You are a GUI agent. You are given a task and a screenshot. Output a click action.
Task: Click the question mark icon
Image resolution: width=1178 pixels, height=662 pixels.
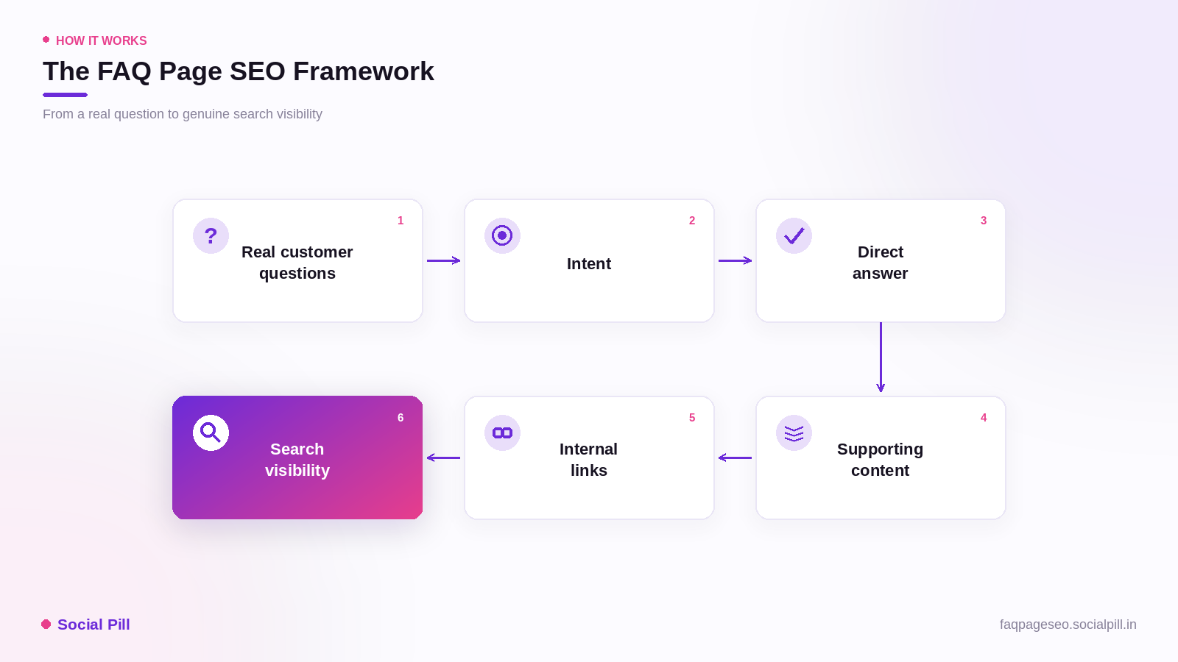(211, 236)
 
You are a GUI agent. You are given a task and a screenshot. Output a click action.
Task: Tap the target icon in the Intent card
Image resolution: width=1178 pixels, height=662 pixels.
(502, 236)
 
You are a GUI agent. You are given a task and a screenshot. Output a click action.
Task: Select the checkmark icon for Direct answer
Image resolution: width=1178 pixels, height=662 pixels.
(794, 236)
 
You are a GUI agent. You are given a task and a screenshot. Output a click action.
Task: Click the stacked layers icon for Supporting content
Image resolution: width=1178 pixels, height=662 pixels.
(794, 433)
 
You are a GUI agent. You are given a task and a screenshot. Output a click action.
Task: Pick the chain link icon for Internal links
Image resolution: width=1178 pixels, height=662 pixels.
(502, 433)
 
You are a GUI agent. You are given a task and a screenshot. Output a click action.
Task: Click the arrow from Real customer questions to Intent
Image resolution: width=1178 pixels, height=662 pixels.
(443, 260)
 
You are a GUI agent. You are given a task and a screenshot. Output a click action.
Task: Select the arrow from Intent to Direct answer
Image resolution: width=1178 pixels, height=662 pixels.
(736, 260)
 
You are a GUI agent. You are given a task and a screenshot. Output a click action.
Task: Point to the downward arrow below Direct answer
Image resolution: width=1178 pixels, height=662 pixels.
(881, 357)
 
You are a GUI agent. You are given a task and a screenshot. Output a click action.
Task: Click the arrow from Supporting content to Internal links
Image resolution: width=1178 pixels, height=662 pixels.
(736, 458)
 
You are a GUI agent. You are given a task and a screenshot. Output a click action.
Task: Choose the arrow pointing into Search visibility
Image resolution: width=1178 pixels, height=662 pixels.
(443, 458)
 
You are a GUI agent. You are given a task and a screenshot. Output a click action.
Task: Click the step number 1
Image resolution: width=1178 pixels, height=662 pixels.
(401, 221)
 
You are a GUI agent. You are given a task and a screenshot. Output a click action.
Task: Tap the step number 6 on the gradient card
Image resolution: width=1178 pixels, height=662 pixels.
(401, 418)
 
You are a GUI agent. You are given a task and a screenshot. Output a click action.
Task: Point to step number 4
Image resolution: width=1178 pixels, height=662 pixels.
(984, 418)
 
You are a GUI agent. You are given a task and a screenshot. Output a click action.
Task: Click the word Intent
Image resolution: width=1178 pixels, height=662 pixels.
(588, 264)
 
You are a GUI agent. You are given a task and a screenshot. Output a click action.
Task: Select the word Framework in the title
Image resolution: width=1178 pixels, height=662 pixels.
(364, 71)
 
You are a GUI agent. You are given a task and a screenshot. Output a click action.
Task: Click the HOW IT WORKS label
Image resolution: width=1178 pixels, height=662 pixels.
(102, 41)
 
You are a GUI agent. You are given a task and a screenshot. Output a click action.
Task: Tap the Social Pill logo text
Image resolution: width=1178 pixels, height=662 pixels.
(94, 624)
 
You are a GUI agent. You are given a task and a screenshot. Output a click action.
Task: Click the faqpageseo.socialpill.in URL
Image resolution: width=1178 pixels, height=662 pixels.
(1068, 624)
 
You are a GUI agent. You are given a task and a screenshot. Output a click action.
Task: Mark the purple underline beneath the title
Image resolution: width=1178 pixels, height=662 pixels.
(66, 95)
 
